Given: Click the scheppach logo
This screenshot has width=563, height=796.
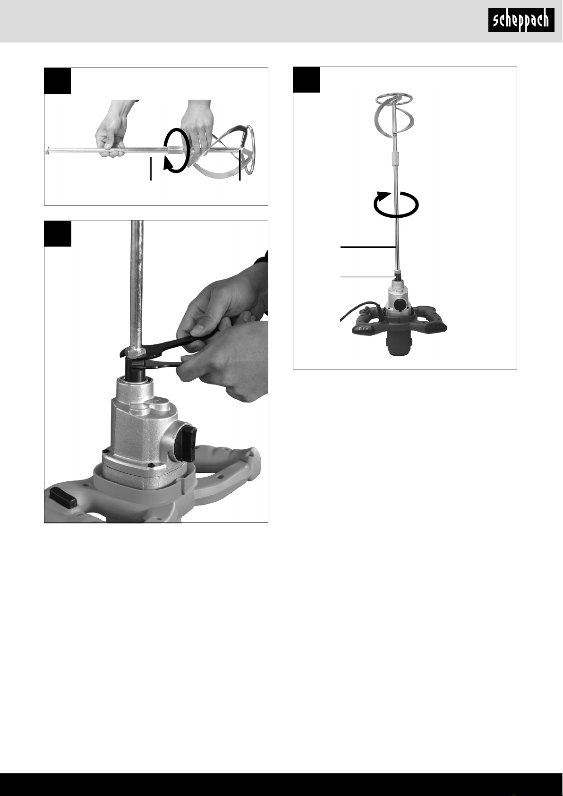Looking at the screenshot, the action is [521, 20].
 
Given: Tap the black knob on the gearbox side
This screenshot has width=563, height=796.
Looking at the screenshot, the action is [186, 444].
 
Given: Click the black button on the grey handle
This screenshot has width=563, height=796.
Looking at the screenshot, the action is [62, 497].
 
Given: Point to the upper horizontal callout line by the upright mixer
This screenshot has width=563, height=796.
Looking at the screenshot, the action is [368, 247].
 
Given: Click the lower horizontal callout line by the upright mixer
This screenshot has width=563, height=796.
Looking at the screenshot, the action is [368, 276].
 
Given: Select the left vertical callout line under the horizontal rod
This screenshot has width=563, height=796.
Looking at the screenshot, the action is [151, 169].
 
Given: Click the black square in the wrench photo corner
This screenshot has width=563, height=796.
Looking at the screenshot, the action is [58, 233].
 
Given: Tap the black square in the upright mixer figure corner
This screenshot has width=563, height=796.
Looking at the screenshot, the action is [306, 79].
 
